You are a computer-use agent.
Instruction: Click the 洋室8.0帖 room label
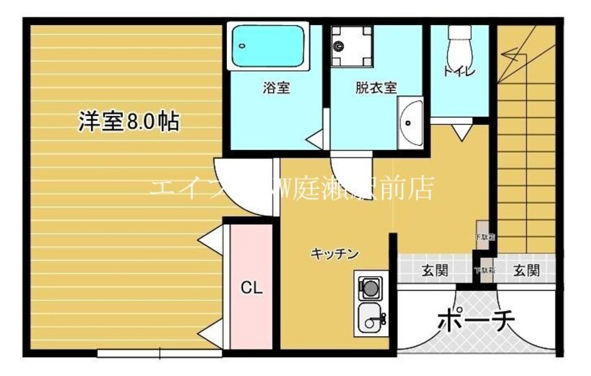pyautogui.click(x=128, y=122)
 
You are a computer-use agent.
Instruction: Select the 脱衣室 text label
pyautogui.click(x=375, y=88)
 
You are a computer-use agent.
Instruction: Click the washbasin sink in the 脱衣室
pyautogui.click(x=410, y=123)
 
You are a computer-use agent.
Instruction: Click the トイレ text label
pyautogui.click(x=458, y=70)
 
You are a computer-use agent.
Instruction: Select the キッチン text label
pyautogui.click(x=335, y=254)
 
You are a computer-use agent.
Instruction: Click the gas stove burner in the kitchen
pyautogui.click(x=370, y=286)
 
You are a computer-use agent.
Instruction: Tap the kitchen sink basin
pyautogui.click(x=371, y=319)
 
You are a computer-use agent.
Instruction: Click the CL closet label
pyautogui.click(x=251, y=287)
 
